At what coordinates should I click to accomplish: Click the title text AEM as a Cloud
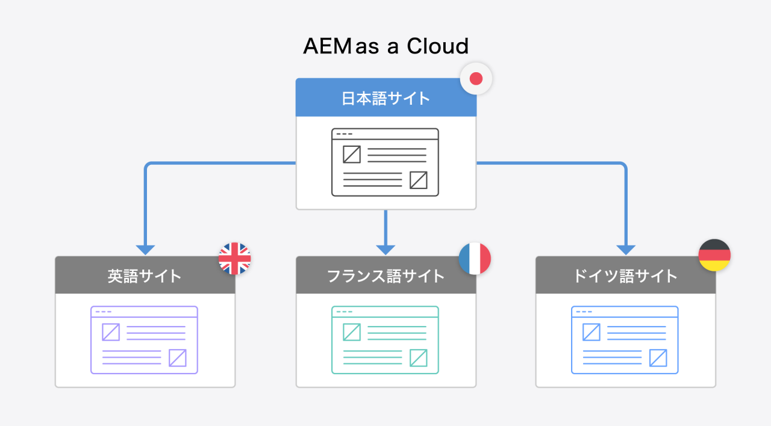click(385, 46)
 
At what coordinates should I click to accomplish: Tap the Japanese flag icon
click(476, 78)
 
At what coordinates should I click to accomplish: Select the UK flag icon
click(234, 259)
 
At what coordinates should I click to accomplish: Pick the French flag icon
click(475, 259)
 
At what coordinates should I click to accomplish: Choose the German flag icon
click(714, 255)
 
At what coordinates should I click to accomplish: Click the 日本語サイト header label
click(385, 98)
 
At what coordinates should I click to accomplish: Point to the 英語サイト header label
click(145, 276)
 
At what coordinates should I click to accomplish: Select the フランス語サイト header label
click(385, 276)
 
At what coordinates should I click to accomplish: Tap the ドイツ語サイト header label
click(625, 276)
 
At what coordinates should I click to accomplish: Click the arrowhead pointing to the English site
click(146, 250)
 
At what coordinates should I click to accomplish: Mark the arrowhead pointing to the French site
click(385, 250)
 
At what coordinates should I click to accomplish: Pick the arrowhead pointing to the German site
click(626, 250)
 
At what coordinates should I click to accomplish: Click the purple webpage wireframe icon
click(145, 340)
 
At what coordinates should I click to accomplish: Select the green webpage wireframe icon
click(385, 340)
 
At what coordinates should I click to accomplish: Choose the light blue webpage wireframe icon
click(625, 340)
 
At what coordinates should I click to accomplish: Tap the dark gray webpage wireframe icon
click(385, 162)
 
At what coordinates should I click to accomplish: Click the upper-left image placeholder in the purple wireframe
click(111, 332)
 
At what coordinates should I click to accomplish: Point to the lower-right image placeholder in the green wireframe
click(418, 358)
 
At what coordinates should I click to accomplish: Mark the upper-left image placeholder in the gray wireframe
click(352, 155)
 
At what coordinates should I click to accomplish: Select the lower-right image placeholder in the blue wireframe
click(658, 358)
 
